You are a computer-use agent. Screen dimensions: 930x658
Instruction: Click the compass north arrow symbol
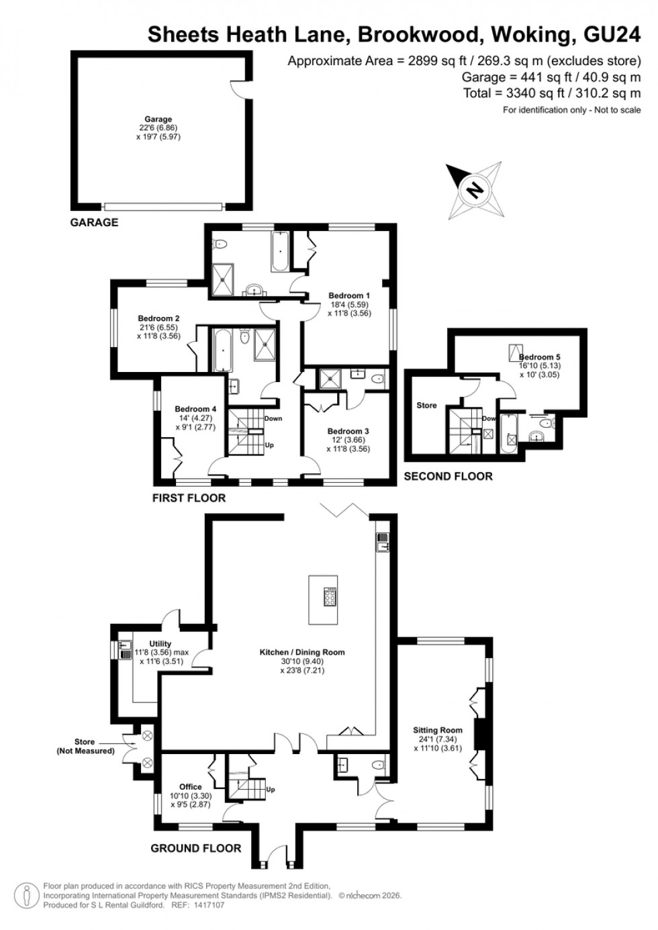(x=474, y=190)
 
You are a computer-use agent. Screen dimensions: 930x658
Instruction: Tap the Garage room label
(x=158, y=120)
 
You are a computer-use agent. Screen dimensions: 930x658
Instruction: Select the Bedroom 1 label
(x=348, y=295)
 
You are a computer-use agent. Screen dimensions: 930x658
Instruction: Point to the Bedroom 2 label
(x=158, y=318)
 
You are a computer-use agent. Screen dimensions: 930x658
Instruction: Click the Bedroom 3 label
(x=348, y=431)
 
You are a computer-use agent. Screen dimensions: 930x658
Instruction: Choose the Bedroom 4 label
(x=195, y=409)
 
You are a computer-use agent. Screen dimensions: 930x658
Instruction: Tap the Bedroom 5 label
(x=540, y=357)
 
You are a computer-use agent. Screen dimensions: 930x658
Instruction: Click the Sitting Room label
(x=438, y=730)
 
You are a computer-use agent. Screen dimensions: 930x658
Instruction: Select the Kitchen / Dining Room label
(x=302, y=652)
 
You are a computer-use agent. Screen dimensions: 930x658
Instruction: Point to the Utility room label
(x=160, y=644)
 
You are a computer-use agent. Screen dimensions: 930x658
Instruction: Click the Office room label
(x=190, y=787)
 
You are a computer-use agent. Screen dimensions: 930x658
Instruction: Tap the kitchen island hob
(x=331, y=596)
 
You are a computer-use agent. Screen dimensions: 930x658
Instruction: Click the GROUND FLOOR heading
(x=195, y=848)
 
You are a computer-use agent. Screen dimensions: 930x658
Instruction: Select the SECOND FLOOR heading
(x=448, y=476)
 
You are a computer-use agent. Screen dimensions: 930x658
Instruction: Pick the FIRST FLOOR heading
(x=189, y=498)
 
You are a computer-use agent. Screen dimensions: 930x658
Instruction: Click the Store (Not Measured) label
(x=85, y=746)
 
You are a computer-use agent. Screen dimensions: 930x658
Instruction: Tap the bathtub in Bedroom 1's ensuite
(x=279, y=252)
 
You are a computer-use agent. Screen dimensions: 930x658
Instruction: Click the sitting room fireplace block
(x=479, y=734)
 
